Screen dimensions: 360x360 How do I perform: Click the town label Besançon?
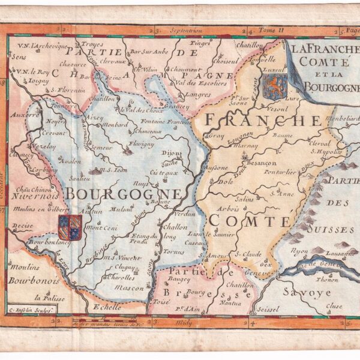[260, 163]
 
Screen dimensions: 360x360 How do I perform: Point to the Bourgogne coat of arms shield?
[70, 227]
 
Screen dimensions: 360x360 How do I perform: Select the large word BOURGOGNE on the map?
[123, 194]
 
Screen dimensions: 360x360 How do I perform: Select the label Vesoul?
[277, 109]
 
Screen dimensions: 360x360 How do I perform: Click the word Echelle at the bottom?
[107, 307]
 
